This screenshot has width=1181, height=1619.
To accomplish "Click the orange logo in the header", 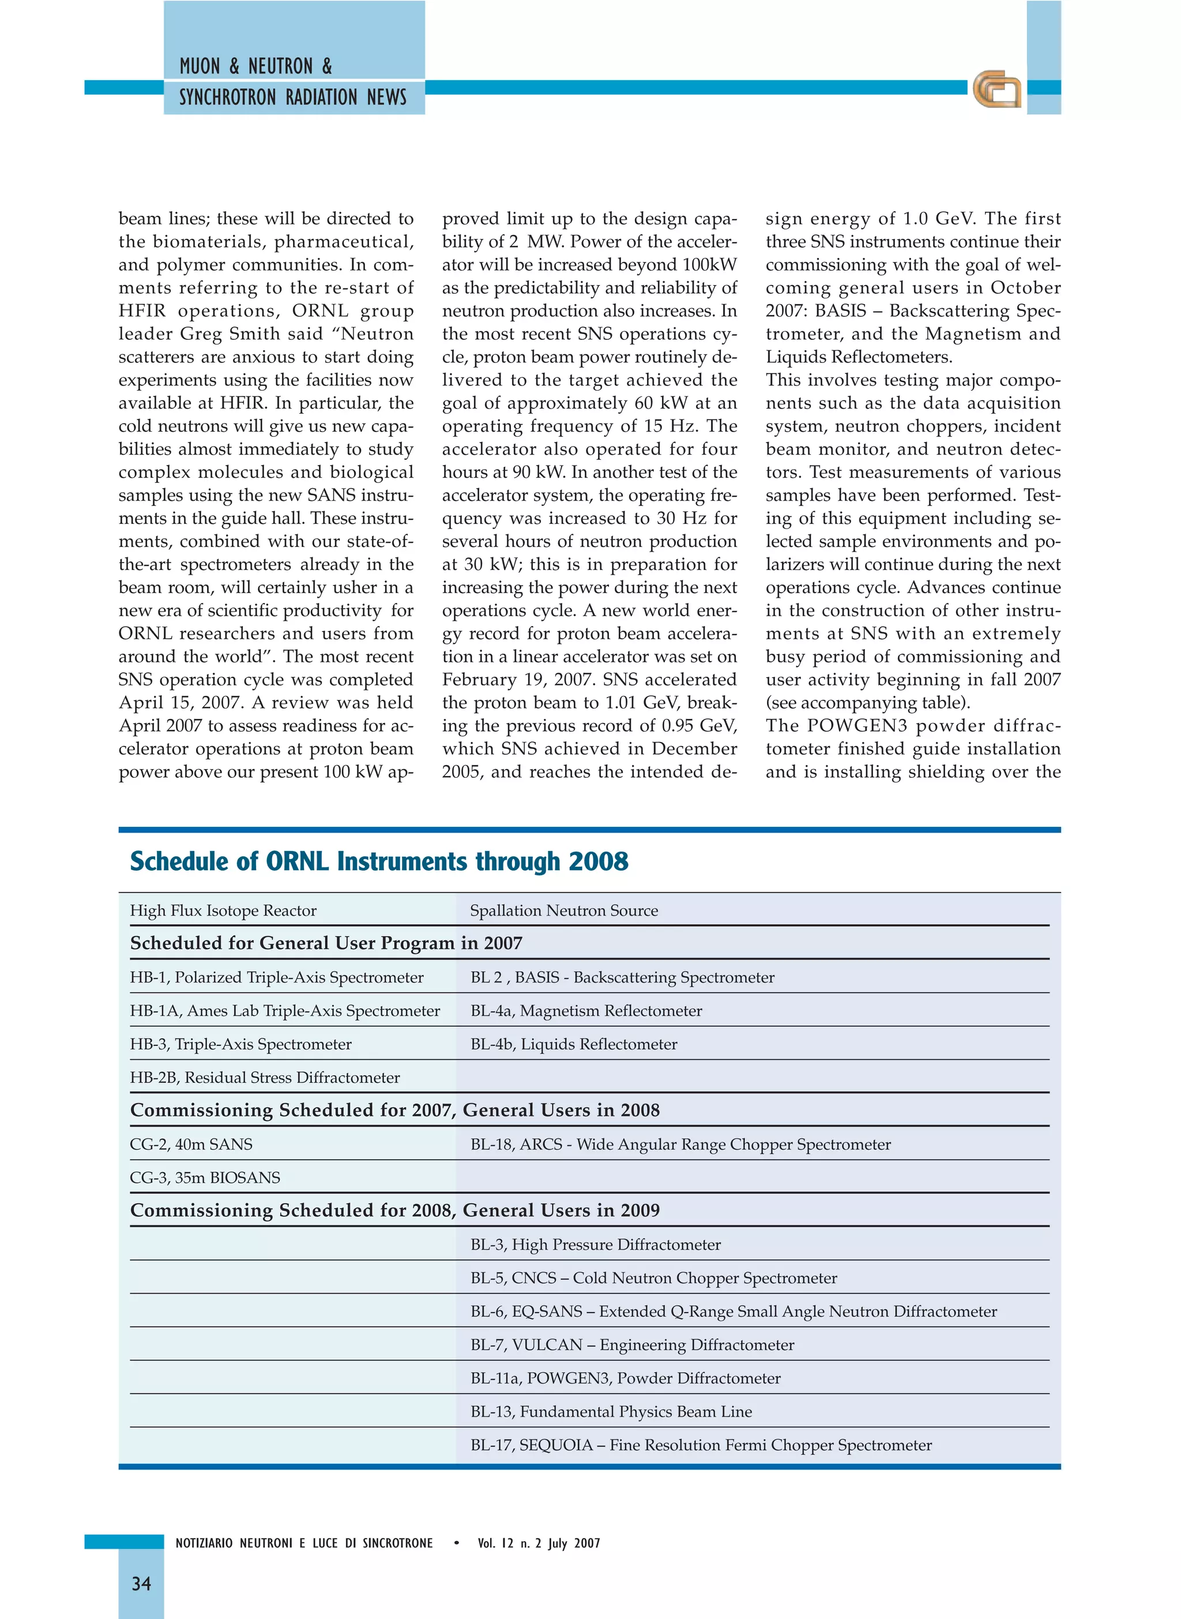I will (x=996, y=89).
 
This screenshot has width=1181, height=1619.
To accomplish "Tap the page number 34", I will (x=141, y=1583).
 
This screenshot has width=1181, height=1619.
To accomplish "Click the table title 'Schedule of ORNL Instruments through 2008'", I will (x=379, y=861).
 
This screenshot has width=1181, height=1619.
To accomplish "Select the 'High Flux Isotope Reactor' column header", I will (x=223, y=910).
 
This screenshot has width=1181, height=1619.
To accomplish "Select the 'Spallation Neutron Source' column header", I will (x=563, y=910).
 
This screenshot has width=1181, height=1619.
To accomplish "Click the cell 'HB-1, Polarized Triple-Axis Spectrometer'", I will (x=277, y=977).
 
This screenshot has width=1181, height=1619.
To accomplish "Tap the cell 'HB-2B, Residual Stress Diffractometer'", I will (x=265, y=1077).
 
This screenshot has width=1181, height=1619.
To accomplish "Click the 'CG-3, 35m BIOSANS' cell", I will (x=205, y=1177).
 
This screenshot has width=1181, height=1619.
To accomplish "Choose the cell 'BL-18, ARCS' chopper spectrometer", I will (x=680, y=1144).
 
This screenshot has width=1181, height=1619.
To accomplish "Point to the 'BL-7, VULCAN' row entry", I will (x=632, y=1344).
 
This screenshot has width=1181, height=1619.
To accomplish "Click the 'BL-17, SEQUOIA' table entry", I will (x=701, y=1445).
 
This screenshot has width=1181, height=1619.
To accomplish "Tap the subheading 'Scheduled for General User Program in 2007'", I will (x=326, y=943).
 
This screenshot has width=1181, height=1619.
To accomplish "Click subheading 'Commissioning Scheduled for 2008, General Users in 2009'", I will (x=394, y=1210).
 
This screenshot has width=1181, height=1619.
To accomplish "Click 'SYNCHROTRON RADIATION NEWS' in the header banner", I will (x=292, y=98).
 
